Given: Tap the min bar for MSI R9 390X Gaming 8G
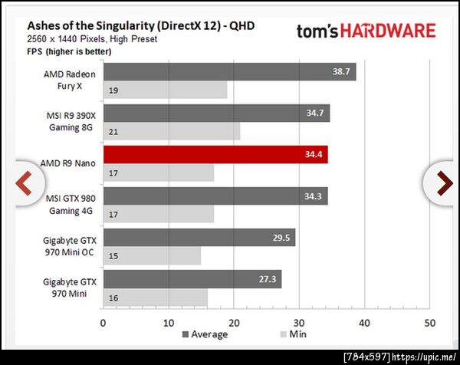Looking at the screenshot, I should pyautogui.click(x=171, y=131).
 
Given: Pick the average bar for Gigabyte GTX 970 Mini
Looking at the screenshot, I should pyautogui.click(x=192, y=279).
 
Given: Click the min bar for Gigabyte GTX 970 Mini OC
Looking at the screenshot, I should pyautogui.click(x=152, y=255).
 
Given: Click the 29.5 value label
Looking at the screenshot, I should pyautogui.click(x=281, y=238).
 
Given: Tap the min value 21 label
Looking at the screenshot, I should pyautogui.click(x=113, y=132).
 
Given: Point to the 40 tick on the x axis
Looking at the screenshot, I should pyautogui.click(x=364, y=322).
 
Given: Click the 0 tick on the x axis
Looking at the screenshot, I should pyautogui.click(x=103, y=322).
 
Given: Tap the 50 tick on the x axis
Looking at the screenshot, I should pyautogui.click(x=429, y=322).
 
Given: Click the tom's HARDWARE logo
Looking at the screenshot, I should pyautogui.click(x=366, y=31).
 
